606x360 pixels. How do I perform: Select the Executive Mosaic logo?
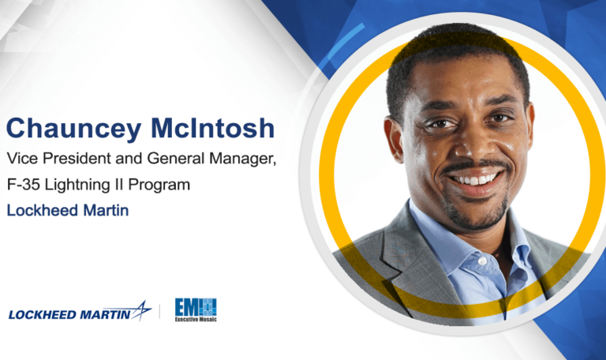point(196,309)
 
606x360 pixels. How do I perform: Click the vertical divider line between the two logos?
point(161,311)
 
